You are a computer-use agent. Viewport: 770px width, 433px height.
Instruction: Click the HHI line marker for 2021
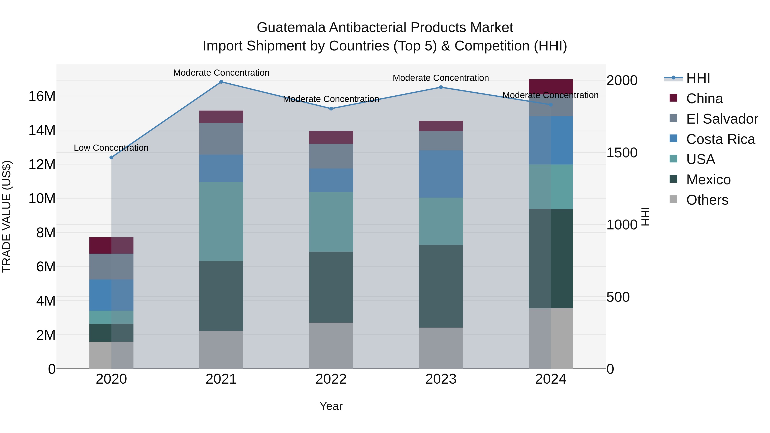click(x=221, y=82)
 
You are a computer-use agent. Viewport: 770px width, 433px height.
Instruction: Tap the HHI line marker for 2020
click(x=111, y=157)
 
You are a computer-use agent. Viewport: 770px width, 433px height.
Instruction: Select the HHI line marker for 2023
click(x=441, y=87)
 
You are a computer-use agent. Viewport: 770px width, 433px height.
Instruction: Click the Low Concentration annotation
click(x=111, y=148)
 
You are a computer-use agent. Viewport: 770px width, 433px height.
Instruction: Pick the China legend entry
click(x=704, y=99)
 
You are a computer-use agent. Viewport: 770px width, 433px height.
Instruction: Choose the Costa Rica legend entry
click(x=720, y=139)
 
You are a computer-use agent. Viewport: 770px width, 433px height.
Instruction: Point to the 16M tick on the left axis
click(x=42, y=96)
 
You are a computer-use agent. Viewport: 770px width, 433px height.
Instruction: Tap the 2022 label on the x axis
click(x=331, y=379)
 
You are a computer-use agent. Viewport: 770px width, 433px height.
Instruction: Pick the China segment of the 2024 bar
click(x=551, y=86)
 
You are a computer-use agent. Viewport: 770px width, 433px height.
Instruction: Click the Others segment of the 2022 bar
click(x=331, y=346)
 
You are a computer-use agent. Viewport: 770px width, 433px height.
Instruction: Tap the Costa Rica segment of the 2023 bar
click(x=441, y=174)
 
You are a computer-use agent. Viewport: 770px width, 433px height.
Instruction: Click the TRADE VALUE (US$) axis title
click(x=7, y=216)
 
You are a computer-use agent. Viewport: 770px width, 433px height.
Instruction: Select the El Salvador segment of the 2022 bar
click(x=331, y=156)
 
